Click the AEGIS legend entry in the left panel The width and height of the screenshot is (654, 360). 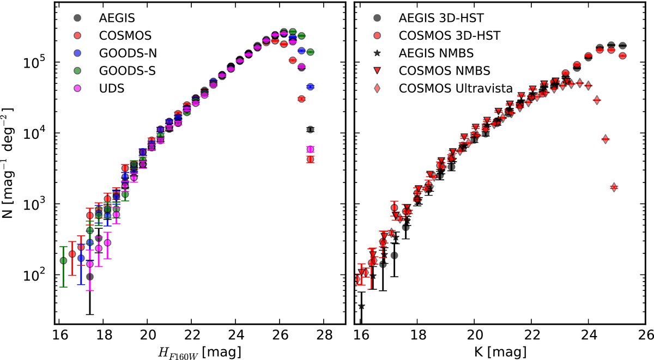[115, 17]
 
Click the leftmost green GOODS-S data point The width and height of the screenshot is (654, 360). [64, 260]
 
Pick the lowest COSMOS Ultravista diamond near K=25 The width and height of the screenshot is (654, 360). [614, 187]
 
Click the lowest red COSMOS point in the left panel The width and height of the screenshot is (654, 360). [310, 160]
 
